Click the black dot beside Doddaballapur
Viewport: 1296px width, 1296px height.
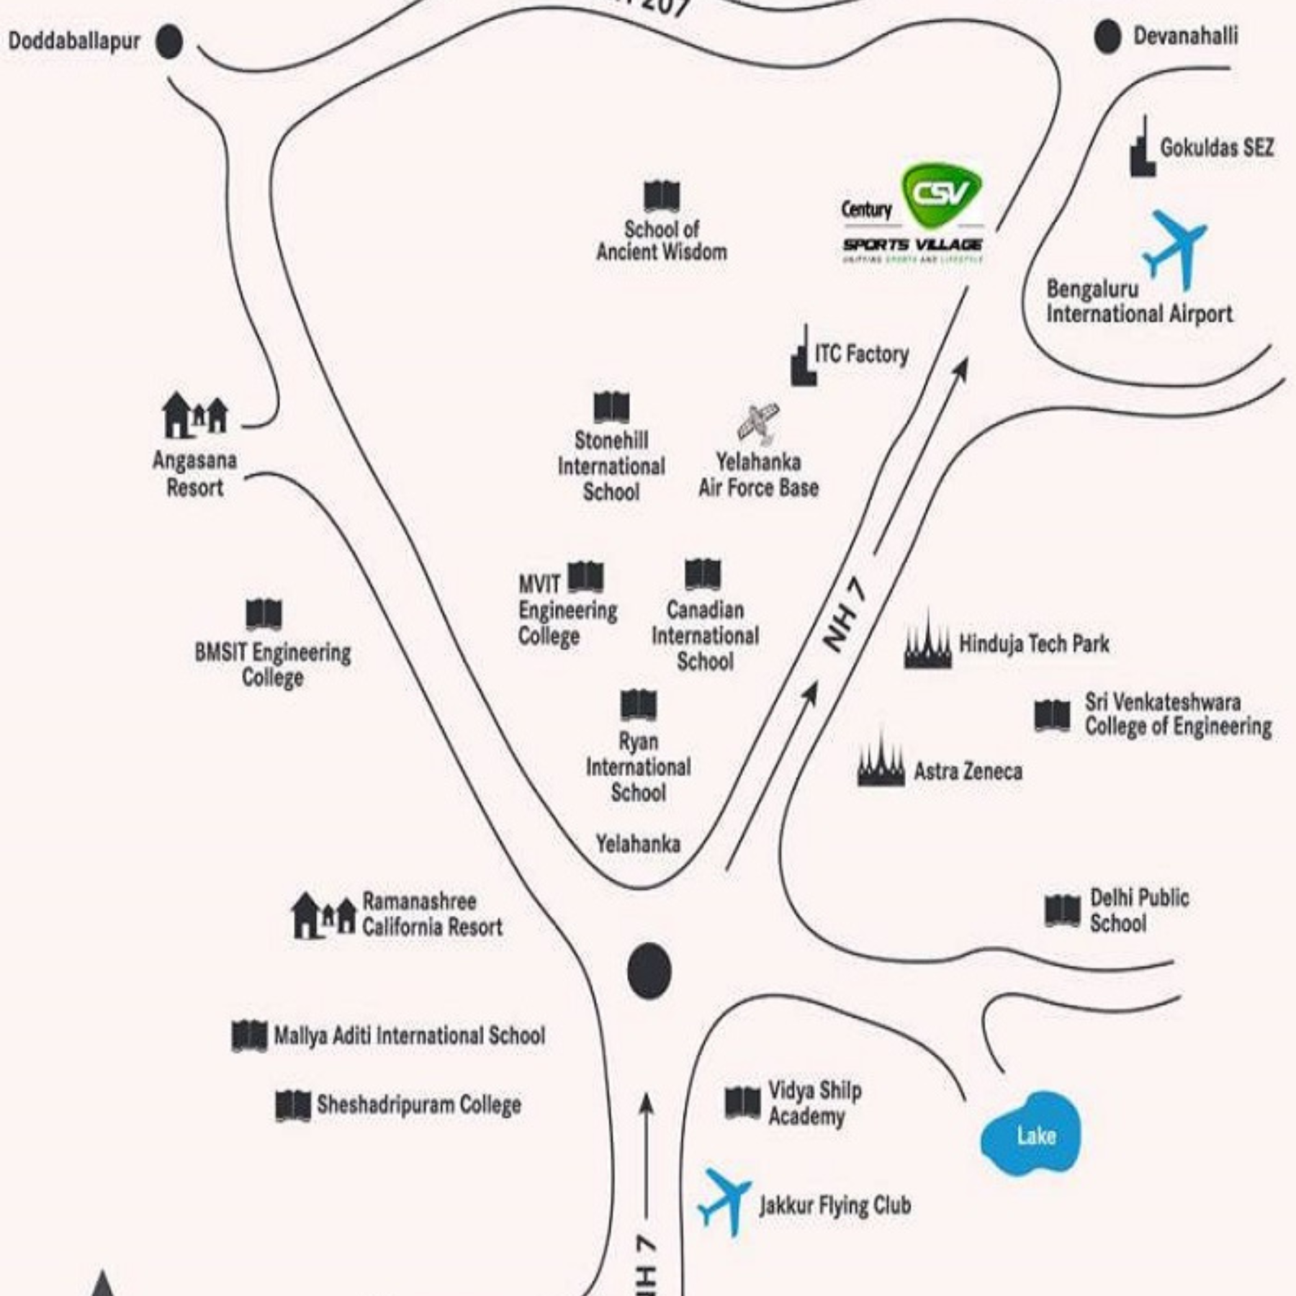[169, 42]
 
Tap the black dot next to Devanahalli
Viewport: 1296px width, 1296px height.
[1107, 37]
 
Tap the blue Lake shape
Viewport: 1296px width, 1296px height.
[1031, 1135]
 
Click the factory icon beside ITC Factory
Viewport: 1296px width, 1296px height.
[803, 358]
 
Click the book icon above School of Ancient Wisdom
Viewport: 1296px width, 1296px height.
[661, 196]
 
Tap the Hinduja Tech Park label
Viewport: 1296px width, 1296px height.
[1033, 644]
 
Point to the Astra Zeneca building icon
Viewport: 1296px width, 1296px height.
[881, 762]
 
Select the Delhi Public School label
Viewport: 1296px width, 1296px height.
[1138, 910]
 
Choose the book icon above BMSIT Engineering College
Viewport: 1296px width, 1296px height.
[264, 613]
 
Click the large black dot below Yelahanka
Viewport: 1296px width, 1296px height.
[649, 971]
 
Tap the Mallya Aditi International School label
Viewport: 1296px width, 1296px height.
[409, 1035]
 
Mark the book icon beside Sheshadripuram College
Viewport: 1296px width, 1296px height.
[293, 1105]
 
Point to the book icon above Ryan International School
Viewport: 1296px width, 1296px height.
[638, 705]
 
